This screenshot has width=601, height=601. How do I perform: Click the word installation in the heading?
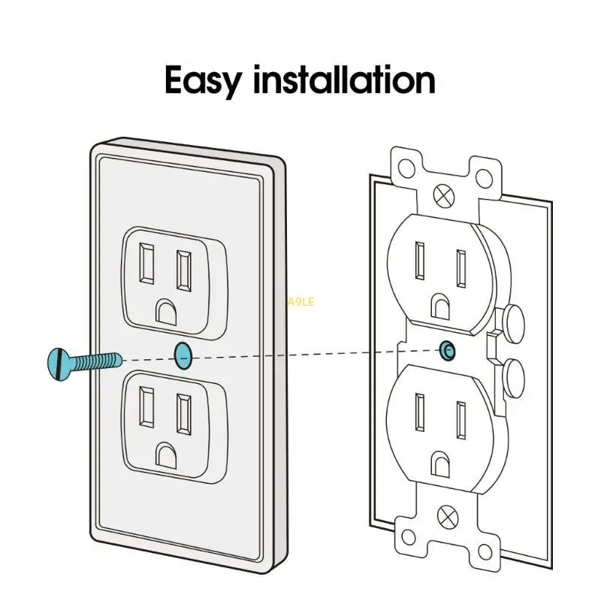[345, 80]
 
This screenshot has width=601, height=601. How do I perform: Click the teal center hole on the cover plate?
[183, 355]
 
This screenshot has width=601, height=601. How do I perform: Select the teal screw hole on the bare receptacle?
[447, 349]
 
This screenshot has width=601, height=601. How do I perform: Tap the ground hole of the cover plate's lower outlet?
[165, 452]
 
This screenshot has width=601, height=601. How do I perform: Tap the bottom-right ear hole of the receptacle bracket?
[485, 536]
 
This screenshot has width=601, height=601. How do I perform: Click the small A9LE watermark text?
[300, 302]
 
